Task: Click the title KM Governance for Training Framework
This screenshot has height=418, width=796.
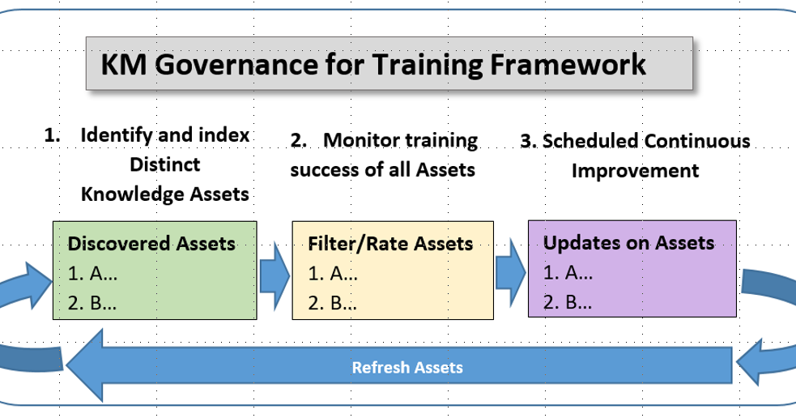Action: click(373, 64)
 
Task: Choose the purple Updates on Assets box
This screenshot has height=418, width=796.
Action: click(632, 268)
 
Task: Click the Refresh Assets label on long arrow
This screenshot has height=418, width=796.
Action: click(407, 368)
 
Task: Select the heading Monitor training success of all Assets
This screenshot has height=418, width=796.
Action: click(383, 155)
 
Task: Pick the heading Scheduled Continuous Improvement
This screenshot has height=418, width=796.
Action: click(635, 156)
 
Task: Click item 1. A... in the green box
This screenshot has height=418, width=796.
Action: click(92, 275)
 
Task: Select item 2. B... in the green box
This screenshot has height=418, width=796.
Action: click(92, 304)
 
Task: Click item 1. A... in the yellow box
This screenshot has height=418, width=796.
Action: click(332, 274)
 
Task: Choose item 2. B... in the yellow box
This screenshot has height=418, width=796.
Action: click(332, 304)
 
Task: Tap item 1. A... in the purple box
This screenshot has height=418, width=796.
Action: click(568, 273)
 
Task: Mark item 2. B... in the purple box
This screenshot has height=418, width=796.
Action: click(568, 302)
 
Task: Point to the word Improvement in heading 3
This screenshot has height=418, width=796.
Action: click(635, 171)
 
